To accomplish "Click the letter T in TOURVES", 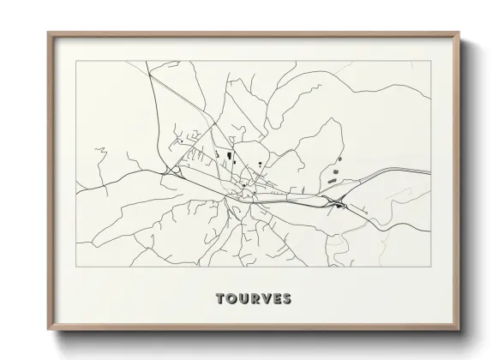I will pyautogui.click(x=221, y=299).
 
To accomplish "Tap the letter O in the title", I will pyautogui.click(x=232, y=299).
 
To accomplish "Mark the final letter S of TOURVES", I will pyautogui.click(x=287, y=299).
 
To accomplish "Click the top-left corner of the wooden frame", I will pyautogui.click(x=48, y=33).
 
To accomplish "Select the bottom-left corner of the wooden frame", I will pyautogui.click(x=48, y=331).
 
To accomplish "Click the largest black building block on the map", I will pyautogui.click(x=230, y=156).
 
